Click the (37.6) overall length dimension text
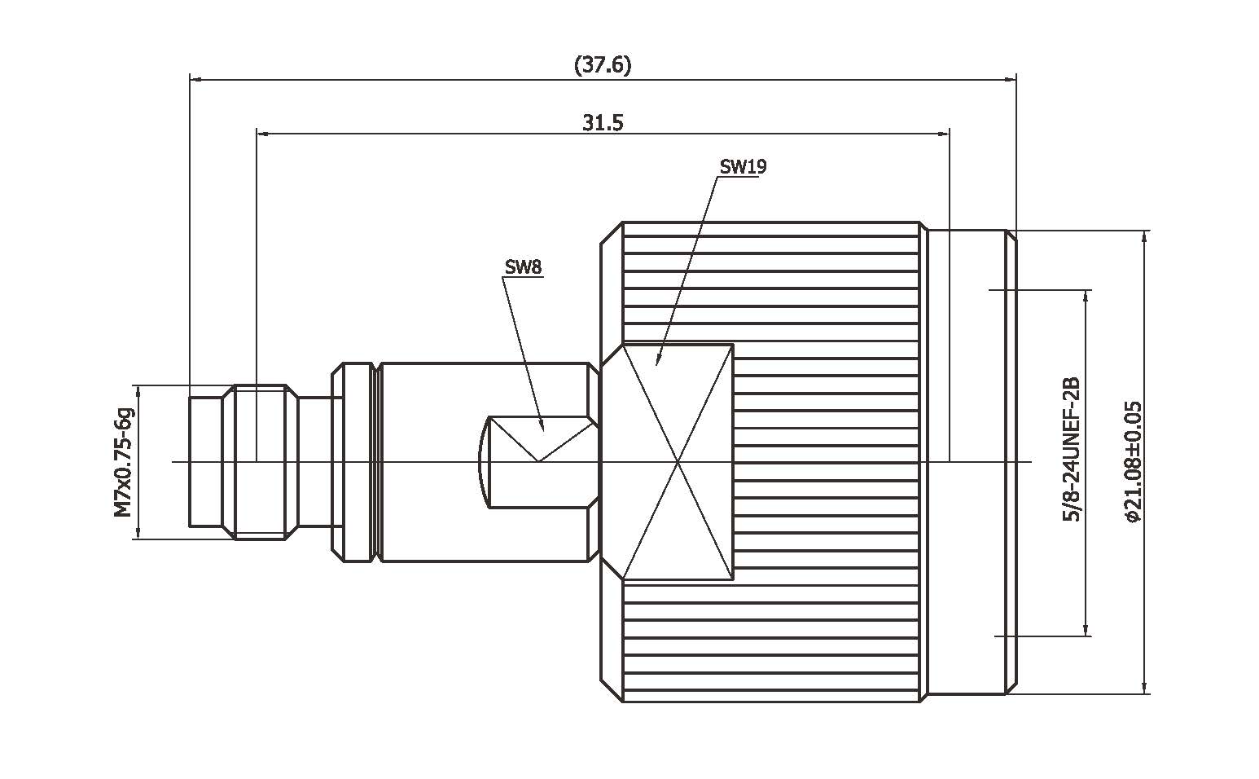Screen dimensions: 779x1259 [x=602, y=65]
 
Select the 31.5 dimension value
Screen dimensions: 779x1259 [x=602, y=123]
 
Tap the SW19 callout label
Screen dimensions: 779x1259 [x=742, y=167]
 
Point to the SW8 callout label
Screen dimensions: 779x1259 [x=523, y=266]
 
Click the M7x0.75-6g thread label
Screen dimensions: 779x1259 [x=123, y=462]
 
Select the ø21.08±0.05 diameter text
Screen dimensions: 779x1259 [x=1132, y=461]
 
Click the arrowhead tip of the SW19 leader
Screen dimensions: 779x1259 [x=658, y=363]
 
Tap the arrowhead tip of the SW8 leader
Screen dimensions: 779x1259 [x=542, y=429]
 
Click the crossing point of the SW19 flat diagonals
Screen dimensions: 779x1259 [x=678, y=462]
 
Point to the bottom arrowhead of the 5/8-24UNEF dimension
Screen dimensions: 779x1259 [x=1086, y=633]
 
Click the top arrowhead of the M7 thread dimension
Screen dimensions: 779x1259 [x=138, y=388]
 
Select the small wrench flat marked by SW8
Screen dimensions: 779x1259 [x=537, y=462]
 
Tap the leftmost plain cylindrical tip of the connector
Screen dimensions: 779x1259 [x=205, y=462]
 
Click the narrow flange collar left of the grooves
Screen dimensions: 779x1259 [x=338, y=462]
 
